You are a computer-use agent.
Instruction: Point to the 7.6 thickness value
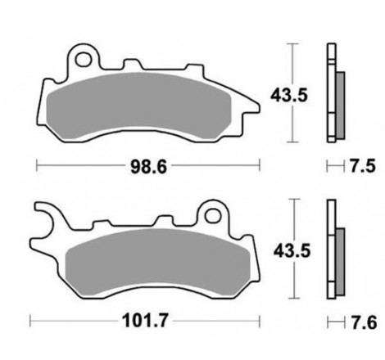tap(357, 322)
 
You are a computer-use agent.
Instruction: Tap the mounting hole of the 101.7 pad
tap(215, 216)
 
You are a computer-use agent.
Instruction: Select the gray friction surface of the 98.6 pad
tap(147, 106)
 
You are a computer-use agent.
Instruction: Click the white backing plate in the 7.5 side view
tap(331, 90)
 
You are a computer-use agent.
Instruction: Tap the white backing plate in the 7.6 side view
tap(331, 250)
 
